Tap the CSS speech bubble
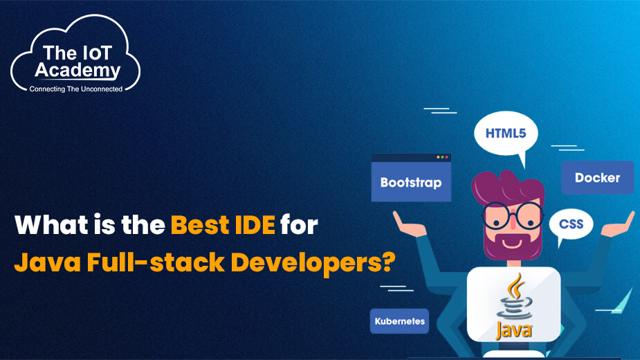coord(571,224)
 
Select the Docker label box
coord(597,178)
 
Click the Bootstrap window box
coord(410,182)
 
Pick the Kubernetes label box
coord(399,321)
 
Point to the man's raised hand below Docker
coord(617,223)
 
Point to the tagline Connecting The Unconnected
coord(75,89)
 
